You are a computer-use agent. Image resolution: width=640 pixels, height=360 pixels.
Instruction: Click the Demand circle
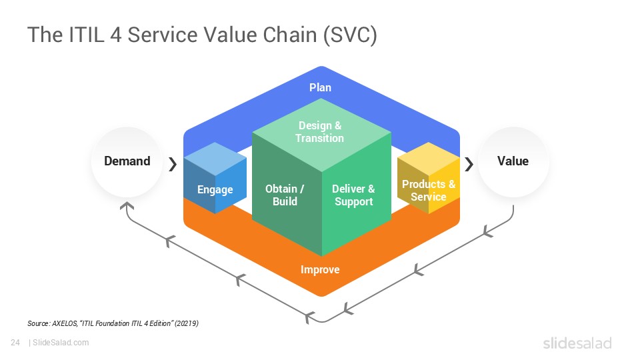127,162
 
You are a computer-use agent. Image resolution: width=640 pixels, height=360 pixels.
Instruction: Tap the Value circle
513,162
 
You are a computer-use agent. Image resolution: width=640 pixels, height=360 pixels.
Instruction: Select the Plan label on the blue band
320,87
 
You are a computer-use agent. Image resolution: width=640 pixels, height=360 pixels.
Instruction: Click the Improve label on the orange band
320,270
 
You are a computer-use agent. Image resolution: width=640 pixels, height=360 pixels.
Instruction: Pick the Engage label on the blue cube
215,190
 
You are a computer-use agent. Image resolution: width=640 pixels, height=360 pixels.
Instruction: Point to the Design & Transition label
320,132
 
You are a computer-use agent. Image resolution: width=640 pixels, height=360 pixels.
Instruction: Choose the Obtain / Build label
285,195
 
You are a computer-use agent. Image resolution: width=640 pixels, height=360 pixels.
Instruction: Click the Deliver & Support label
353,195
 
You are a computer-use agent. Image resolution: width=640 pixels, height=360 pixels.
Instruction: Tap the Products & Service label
428,190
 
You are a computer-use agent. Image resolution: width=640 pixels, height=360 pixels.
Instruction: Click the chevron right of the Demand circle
173,164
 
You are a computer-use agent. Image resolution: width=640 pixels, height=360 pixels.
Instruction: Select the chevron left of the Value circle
469,164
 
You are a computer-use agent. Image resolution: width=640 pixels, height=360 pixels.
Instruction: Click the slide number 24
15,343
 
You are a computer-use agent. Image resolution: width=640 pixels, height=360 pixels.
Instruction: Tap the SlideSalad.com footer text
61,343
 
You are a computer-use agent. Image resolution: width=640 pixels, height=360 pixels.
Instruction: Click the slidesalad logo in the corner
577,343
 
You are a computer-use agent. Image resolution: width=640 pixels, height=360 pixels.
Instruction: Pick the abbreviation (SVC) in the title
349,35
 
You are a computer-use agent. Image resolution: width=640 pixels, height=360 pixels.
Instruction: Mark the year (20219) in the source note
186,323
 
